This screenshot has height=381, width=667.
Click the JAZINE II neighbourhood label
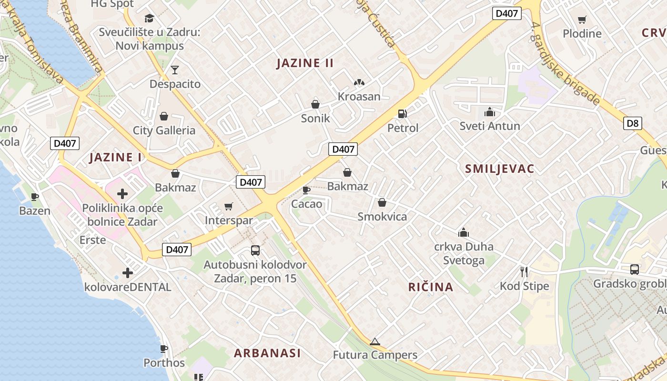coord(305,63)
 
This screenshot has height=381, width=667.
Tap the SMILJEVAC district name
coord(499,169)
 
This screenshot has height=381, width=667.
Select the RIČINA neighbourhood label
coord(431,287)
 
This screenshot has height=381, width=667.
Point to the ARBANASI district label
coord(267,353)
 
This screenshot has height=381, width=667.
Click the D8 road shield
coord(632,123)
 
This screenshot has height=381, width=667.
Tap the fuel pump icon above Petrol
coord(403,114)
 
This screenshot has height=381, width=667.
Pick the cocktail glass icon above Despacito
coord(175,70)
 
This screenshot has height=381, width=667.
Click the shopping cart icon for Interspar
coord(229,206)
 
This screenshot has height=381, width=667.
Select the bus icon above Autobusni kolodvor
coord(255,250)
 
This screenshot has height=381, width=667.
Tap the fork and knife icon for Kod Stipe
coord(524,272)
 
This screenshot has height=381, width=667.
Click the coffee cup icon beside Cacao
coord(306,190)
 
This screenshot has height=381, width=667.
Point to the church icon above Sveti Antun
coord(489,112)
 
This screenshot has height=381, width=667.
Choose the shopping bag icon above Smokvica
coord(382,202)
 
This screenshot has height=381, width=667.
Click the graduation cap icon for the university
coord(150,19)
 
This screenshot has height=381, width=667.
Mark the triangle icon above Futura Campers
coord(375,341)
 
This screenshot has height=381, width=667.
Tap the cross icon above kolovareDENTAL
coord(127,273)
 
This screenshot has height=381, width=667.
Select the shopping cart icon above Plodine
coord(582,20)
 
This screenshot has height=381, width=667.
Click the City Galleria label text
coord(164,130)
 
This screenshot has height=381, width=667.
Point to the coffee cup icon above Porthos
coord(164,349)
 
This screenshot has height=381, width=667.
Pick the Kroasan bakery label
coord(359,97)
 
